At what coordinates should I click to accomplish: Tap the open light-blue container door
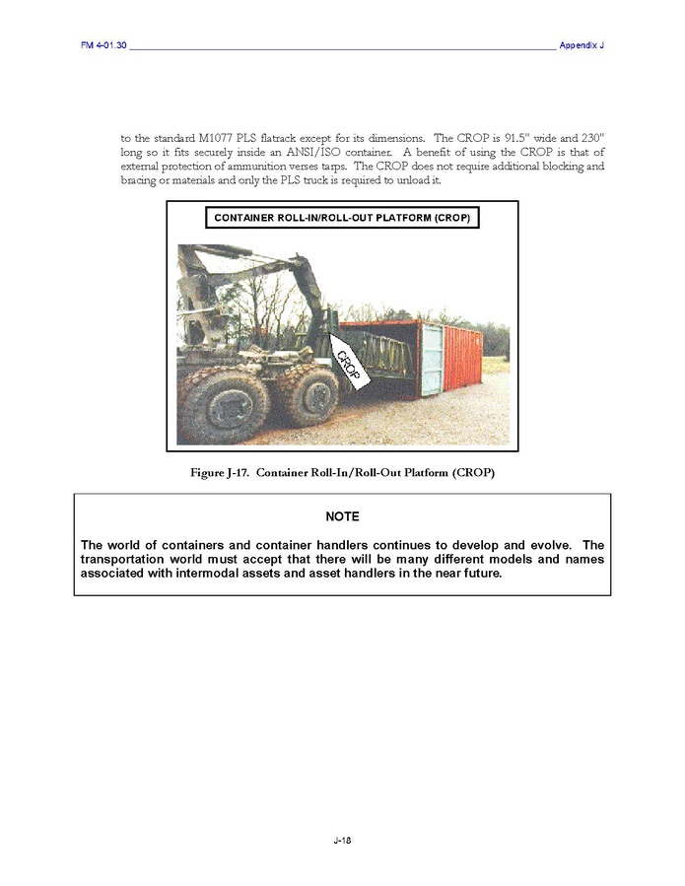tap(431, 359)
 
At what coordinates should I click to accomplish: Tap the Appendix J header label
tap(581, 46)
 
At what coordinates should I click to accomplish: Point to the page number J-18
tap(342, 840)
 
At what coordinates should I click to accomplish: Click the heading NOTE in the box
tap(342, 517)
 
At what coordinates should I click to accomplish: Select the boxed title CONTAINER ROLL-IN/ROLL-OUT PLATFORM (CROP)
tap(342, 217)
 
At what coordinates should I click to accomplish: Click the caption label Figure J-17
tap(222, 473)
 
